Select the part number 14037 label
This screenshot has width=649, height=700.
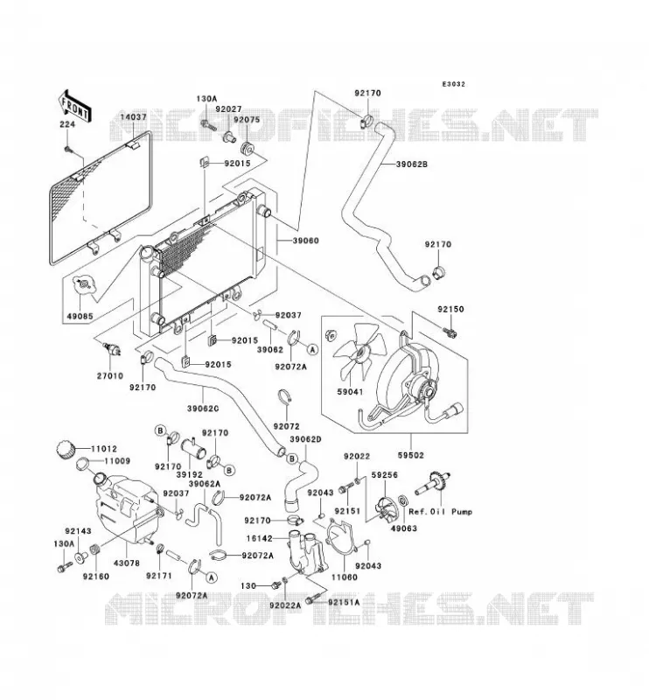[133, 117]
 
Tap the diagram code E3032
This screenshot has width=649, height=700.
[453, 84]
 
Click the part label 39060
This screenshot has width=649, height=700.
[306, 241]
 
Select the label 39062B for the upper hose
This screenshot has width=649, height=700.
[412, 164]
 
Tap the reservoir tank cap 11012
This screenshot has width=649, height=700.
[66, 449]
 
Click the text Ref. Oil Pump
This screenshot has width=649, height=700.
[440, 512]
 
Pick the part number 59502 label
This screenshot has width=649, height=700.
[410, 455]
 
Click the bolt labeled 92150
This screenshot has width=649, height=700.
[450, 332]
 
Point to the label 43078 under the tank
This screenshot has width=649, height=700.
[127, 563]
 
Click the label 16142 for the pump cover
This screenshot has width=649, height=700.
[259, 539]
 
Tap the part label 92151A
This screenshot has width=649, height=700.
[344, 602]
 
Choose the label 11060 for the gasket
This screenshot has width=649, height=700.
[344, 577]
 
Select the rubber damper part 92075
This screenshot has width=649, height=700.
[247, 148]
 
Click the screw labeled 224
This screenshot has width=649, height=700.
[68, 149]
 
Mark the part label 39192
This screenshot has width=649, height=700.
[190, 474]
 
